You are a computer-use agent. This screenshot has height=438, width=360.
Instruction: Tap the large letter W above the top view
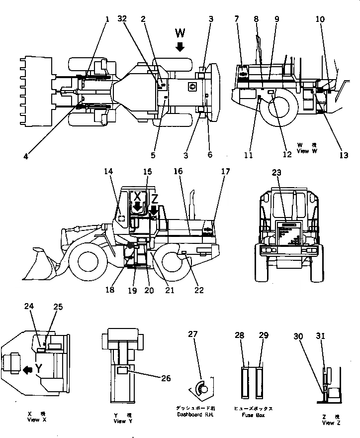point(180,34)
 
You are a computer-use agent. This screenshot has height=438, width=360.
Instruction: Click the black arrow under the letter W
point(180,47)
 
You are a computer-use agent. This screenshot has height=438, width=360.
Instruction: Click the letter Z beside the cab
point(154,198)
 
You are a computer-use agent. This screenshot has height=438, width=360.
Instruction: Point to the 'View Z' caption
point(331,423)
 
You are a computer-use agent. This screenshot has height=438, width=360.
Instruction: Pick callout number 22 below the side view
point(198,290)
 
